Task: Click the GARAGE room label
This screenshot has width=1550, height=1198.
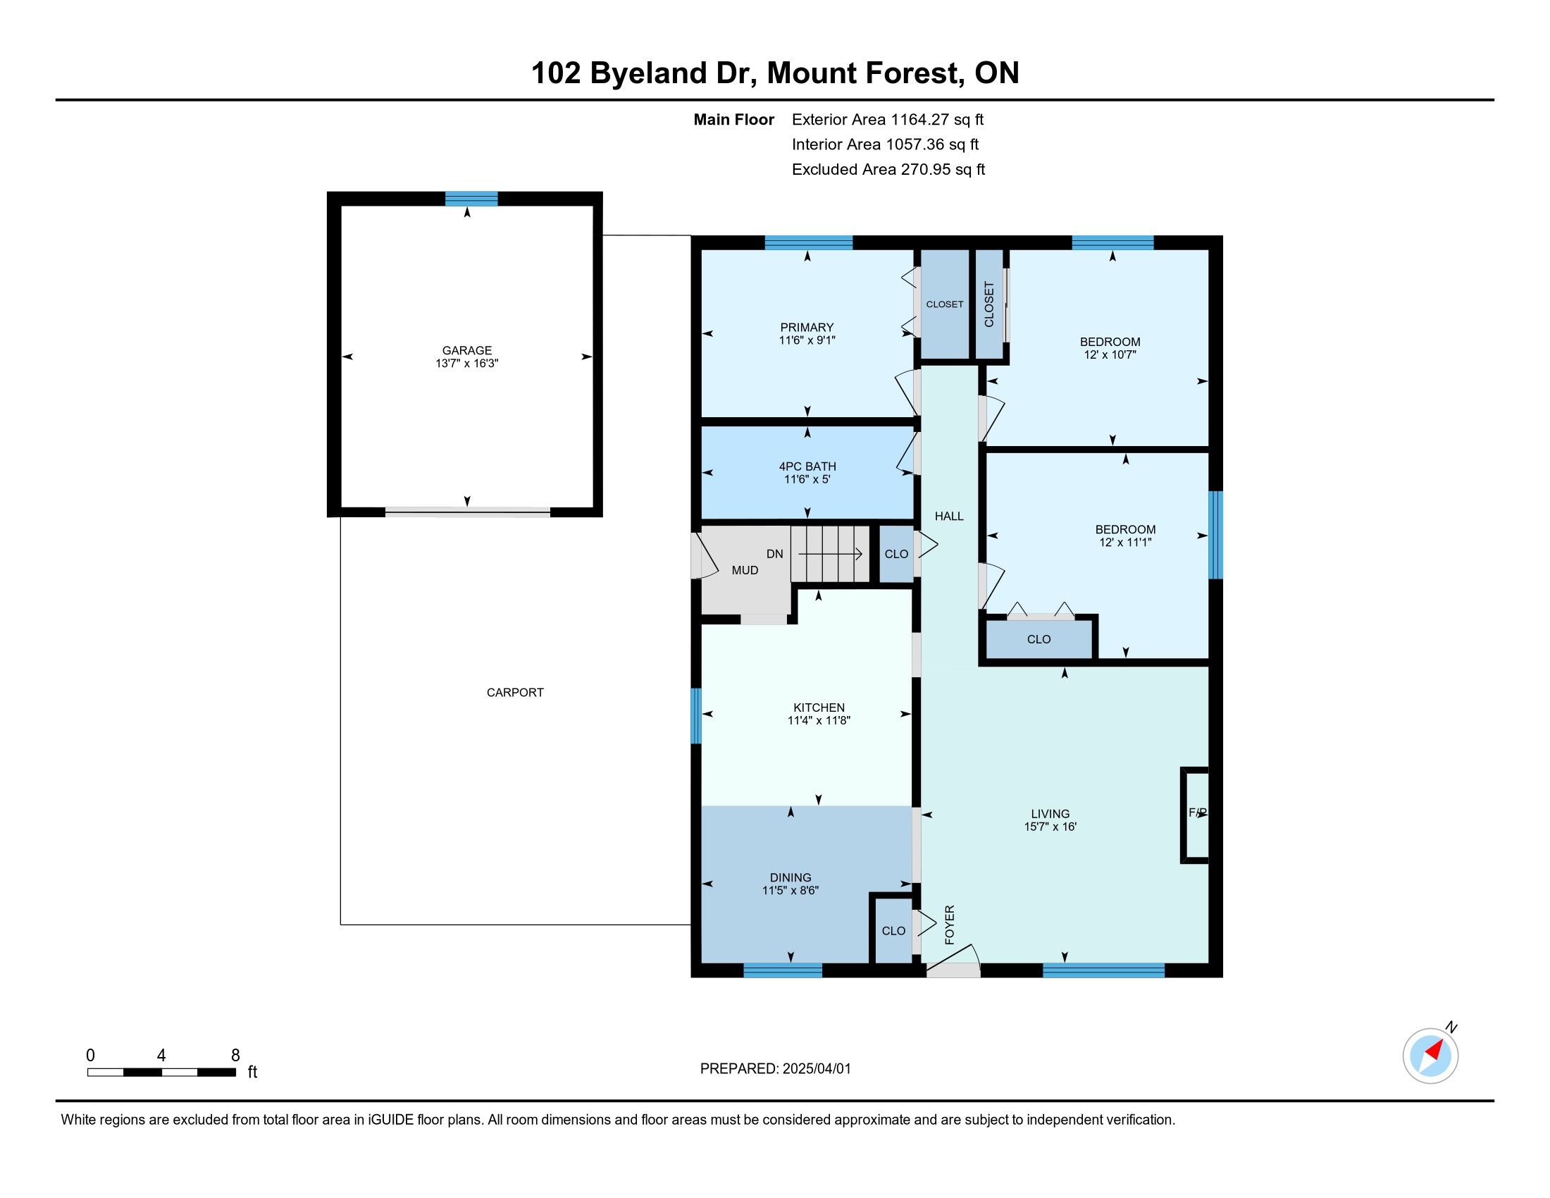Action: tap(467, 350)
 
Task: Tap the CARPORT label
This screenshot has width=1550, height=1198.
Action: tap(515, 692)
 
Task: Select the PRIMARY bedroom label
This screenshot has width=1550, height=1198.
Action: tap(807, 327)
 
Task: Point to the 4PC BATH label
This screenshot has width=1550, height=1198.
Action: tap(807, 467)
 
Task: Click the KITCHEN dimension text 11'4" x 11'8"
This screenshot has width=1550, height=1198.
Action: tap(819, 720)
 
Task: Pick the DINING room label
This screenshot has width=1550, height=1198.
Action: tap(790, 877)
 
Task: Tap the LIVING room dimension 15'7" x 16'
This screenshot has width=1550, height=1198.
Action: tap(1050, 826)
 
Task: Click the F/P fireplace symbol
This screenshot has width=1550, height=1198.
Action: tap(1194, 815)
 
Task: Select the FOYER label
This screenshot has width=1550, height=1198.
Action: tap(950, 925)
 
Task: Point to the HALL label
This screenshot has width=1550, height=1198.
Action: tap(949, 516)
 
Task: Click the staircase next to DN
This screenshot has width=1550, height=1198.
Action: tap(831, 554)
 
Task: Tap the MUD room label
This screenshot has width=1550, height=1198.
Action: tap(745, 570)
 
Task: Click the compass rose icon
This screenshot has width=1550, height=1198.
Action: tap(1430, 1056)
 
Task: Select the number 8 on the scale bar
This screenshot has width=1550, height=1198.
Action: tap(235, 1056)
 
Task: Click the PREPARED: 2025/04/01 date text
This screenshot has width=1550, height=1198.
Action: tap(775, 1069)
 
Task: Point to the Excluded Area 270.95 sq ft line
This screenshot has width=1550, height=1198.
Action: tap(888, 170)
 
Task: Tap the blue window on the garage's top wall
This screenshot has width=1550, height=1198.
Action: tap(471, 199)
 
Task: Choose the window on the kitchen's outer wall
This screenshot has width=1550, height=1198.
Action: tap(696, 715)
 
